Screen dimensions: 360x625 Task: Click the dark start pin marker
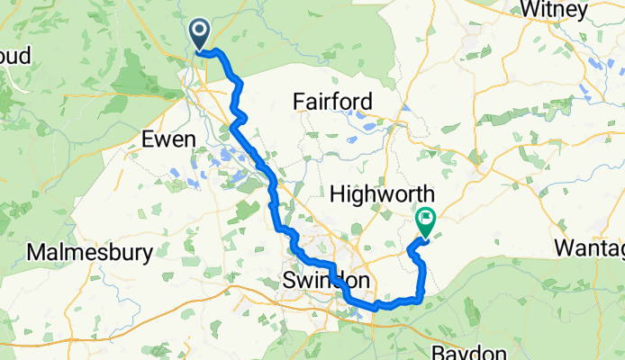(x=199, y=33)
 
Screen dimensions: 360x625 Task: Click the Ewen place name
(x=168, y=139)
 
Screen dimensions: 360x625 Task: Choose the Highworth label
(x=382, y=194)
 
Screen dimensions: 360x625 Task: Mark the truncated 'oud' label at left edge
(x=15, y=56)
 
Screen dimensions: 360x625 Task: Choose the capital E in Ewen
(x=149, y=139)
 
